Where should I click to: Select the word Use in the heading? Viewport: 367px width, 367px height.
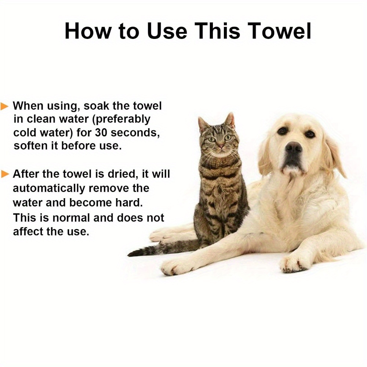tap(167, 31)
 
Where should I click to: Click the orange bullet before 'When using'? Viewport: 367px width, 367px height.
tap(4, 106)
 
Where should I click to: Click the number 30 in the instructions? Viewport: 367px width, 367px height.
tap(101, 133)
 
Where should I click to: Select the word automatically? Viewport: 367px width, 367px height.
tap(49, 189)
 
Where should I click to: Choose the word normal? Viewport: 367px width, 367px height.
tap(71, 218)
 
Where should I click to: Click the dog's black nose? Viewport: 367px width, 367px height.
tap(294, 148)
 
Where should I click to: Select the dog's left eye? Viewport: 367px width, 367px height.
tap(310, 134)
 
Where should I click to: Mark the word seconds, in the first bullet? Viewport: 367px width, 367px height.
tap(135, 133)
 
